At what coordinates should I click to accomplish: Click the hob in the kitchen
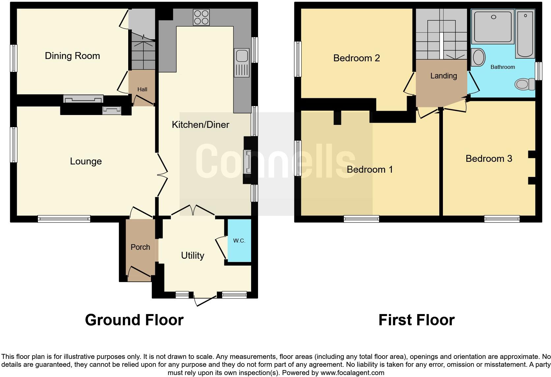click(201, 17)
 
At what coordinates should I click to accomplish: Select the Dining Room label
click(72, 56)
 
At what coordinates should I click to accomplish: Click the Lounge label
click(86, 161)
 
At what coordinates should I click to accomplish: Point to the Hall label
click(142, 89)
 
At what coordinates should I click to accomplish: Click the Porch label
click(140, 247)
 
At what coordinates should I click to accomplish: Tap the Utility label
click(192, 255)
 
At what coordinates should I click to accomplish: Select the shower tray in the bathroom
click(493, 26)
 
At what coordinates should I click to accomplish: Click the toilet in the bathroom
click(525, 84)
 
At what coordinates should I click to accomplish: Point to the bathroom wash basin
click(478, 57)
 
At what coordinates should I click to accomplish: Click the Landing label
click(444, 76)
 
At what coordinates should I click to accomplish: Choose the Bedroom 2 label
click(357, 58)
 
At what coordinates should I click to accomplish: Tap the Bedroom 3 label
click(489, 159)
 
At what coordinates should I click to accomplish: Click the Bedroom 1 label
click(370, 169)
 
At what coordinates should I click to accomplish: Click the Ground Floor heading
click(134, 320)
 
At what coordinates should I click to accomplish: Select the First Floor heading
click(416, 320)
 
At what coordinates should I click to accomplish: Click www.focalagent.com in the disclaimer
click(352, 373)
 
